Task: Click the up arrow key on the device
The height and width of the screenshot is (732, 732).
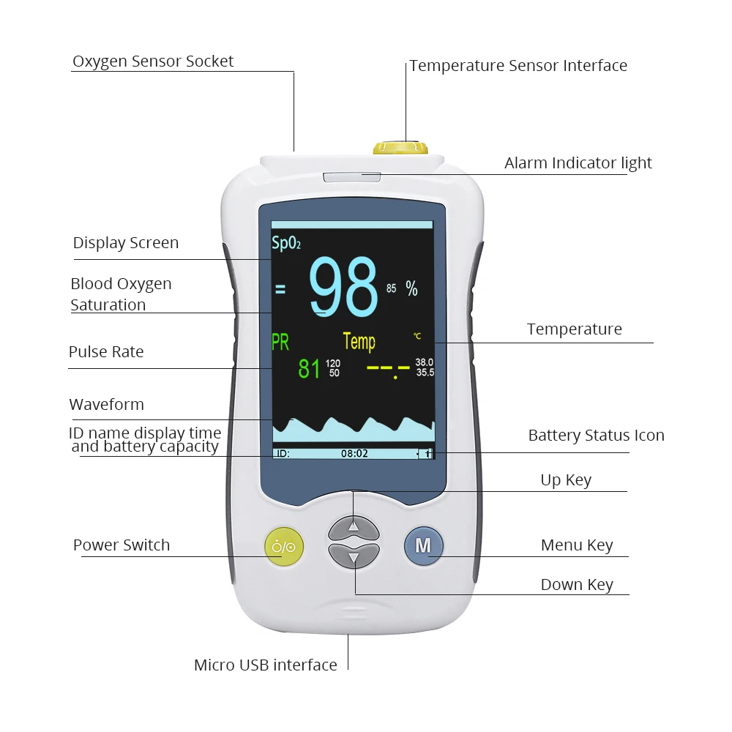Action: click(x=354, y=526)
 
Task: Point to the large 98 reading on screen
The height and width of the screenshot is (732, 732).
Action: click(x=343, y=288)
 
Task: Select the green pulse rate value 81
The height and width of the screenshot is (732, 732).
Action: click(x=309, y=368)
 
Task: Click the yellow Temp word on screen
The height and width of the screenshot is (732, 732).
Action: click(x=359, y=341)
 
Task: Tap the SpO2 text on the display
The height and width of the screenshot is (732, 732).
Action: click(x=286, y=244)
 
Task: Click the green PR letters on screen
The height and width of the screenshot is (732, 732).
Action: click(x=280, y=342)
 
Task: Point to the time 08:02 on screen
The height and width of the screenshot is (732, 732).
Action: click(x=354, y=453)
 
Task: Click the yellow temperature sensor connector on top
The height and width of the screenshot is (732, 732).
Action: click(x=398, y=147)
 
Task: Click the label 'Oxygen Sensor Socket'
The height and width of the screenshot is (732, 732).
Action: click(x=153, y=61)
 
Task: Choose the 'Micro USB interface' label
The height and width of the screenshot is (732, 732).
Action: click(x=265, y=665)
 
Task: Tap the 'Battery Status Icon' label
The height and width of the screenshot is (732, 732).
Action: click(x=596, y=436)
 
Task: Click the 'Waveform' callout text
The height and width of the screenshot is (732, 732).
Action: click(x=106, y=405)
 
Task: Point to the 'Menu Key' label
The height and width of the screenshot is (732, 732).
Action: click(x=577, y=545)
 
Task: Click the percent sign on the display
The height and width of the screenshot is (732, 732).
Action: click(x=412, y=289)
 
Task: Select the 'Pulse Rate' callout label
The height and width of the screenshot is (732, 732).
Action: click(x=106, y=352)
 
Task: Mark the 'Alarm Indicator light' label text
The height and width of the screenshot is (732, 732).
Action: click(x=578, y=163)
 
